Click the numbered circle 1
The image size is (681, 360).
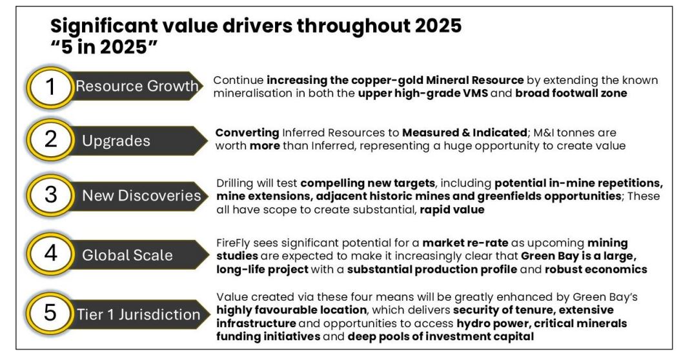pos(50,87)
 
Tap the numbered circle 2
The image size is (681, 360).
pos(50,140)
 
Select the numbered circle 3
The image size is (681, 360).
pos(50,195)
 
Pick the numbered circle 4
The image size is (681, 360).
pos(50,253)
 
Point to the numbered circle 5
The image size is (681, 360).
pos(50,313)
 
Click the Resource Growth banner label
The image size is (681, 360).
pos(137,86)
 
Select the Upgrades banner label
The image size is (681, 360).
pos(116,141)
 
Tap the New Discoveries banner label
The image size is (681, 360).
pos(141,195)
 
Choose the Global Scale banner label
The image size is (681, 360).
pos(127,255)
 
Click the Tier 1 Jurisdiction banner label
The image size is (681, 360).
pos(139,314)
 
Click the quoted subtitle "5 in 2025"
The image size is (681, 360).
pos(104,46)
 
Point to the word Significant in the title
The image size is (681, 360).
pos(103,26)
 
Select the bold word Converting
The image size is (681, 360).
pos(247,133)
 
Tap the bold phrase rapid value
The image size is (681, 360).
pos(452,210)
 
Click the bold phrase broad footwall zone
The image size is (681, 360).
pos(571,94)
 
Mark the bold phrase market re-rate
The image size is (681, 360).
pos(466,243)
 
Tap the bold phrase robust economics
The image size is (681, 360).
pos(596,270)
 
